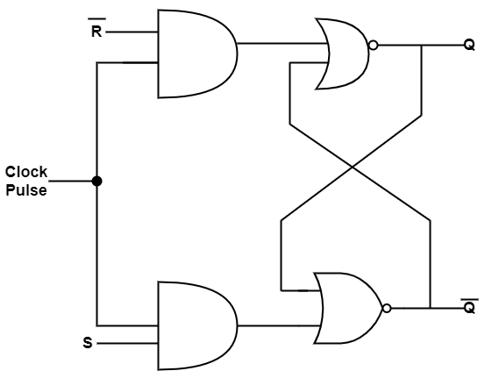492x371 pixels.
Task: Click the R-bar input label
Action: [96, 28]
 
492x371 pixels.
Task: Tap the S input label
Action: [88, 342]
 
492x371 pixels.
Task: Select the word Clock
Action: [26, 172]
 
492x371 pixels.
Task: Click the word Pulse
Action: [26, 190]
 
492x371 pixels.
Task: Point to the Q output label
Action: [469, 46]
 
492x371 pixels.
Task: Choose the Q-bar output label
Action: [469, 306]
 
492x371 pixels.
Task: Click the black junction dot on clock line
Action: [97, 181]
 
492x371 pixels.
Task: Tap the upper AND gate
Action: [197, 54]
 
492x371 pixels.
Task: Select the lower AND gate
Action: [197, 325]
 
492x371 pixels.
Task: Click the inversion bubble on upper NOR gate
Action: [374, 46]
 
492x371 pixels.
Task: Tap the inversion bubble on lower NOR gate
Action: [387, 309]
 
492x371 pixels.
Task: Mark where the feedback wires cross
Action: [352, 167]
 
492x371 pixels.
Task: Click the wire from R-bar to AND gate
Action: [132, 32]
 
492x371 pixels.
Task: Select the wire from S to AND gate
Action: [127, 344]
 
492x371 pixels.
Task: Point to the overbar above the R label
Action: [96, 18]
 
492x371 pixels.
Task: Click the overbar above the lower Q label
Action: [470, 299]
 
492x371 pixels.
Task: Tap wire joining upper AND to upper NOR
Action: [282, 43]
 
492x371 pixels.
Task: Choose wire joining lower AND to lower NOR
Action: [279, 325]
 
